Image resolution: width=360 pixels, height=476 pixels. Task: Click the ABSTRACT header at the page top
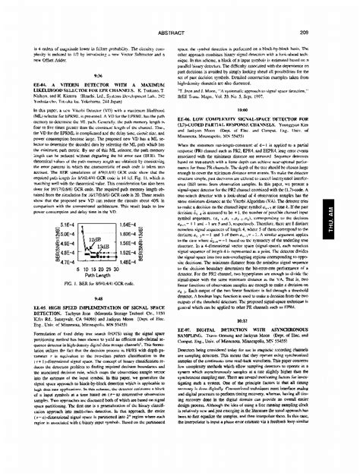(180, 11)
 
